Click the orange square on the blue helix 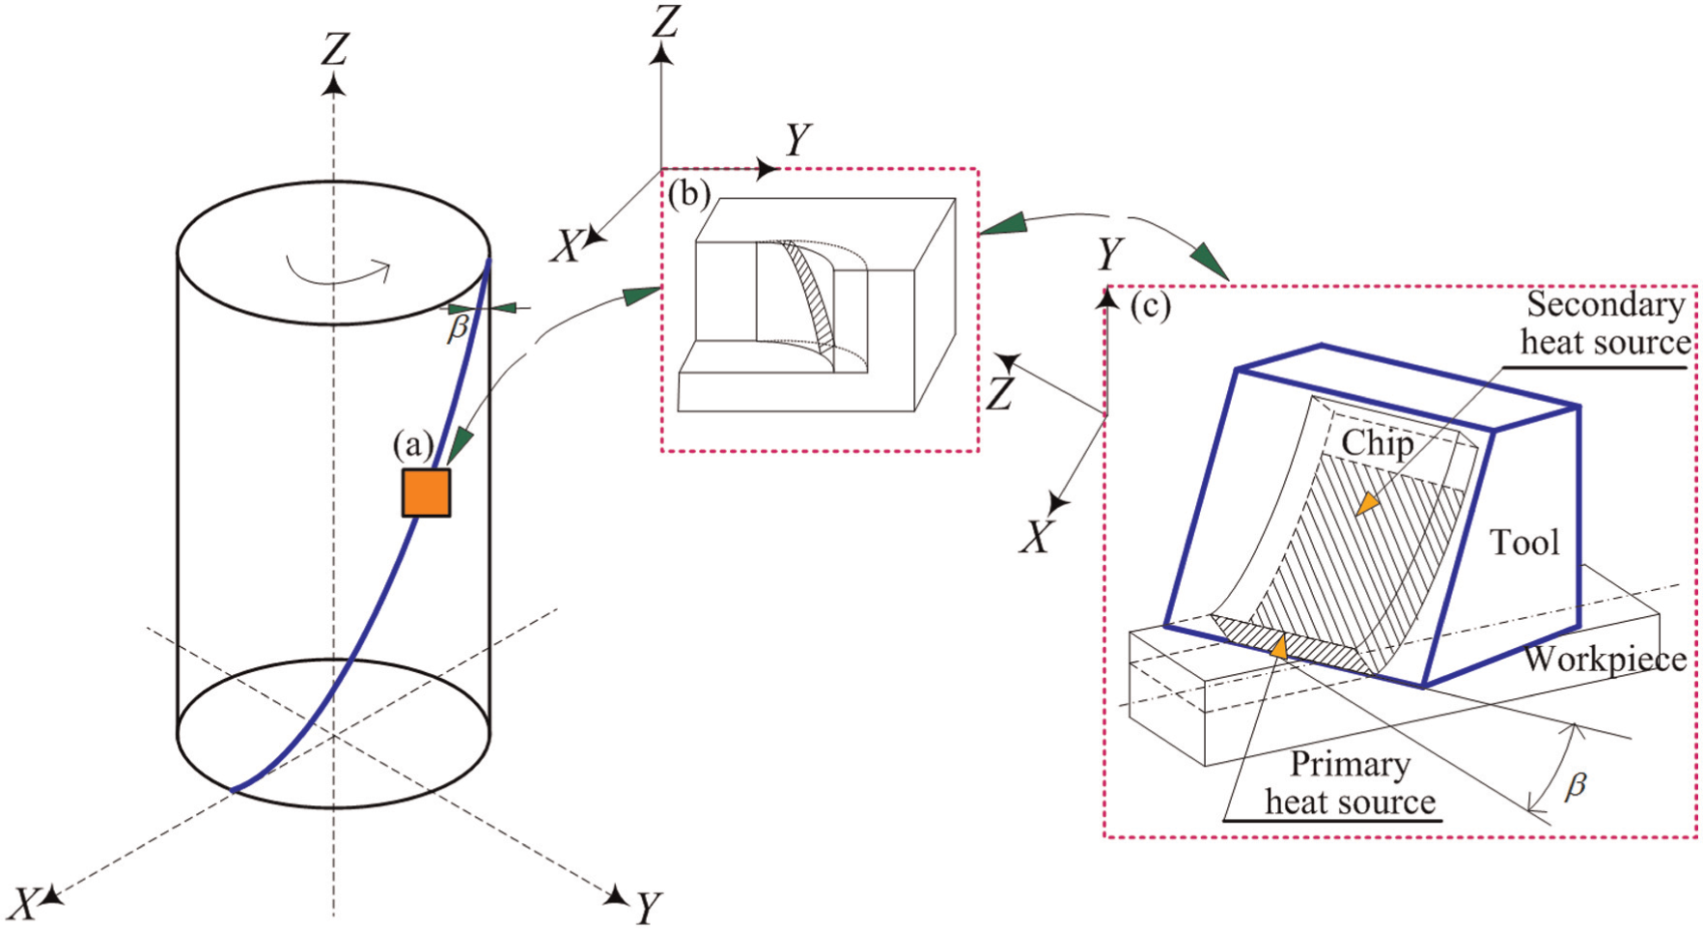pyautogui.click(x=426, y=493)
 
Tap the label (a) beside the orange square pyautogui.click(x=412, y=445)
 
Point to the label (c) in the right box pyautogui.click(x=1150, y=306)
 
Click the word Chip pyautogui.click(x=1378, y=443)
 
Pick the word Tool pyautogui.click(x=1524, y=542)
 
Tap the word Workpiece pyautogui.click(x=1605, y=659)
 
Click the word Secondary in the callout pyautogui.click(x=1605, y=305)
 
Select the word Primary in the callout pyautogui.click(x=1350, y=766)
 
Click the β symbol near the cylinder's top pyautogui.click(x=458, y=328)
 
